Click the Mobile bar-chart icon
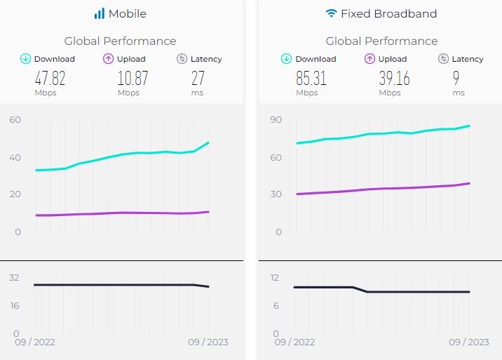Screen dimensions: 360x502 [x=100, y=13]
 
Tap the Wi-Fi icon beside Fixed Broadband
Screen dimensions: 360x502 [x=331, y=13]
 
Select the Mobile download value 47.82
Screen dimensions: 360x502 [x=46, y=77]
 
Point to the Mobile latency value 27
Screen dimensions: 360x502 [x=198, y=77]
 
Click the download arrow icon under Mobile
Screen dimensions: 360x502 [x=25, y=59]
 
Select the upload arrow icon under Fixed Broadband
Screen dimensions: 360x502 [x=369, y=59]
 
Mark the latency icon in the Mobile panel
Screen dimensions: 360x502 [x=182, y=59]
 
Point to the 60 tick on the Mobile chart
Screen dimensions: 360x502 [x=15, y=120]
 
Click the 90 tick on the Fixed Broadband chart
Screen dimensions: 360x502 [x=276, y=120]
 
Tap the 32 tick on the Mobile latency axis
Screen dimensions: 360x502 [x=14, y=278]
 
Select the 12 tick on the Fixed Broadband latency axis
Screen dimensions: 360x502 [x=275, y=278]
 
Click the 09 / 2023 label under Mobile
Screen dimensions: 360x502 [x=208, y=342]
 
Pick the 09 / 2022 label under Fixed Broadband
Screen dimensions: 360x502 [x=294, y=342]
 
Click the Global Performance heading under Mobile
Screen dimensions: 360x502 [x=120, y=41]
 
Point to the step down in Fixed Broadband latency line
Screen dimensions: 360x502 [x=360, y=289]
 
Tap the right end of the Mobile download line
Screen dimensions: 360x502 [x=208, y=143]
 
